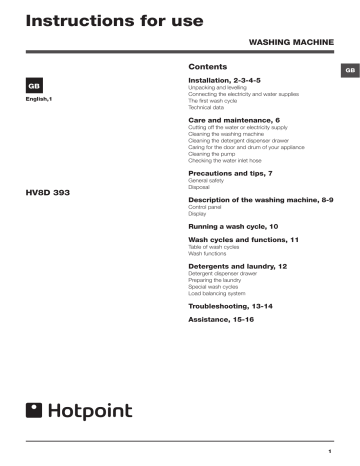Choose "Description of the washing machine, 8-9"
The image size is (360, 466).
tap(259, 202)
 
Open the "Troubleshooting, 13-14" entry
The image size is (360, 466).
tap(230, 305)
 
